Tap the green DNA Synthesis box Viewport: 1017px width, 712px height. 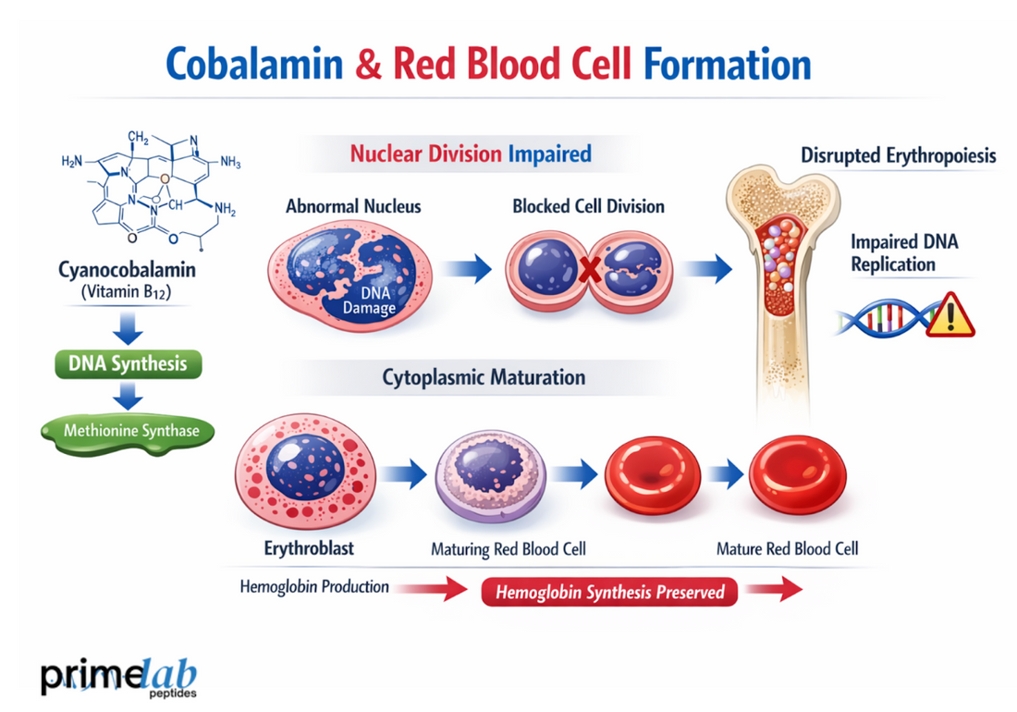[x=128, y=362]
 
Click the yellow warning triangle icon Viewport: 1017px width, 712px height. [x=950, y=314]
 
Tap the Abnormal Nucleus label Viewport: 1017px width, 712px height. [x=353, y=205]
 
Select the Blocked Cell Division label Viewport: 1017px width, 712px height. [x=588, y=205]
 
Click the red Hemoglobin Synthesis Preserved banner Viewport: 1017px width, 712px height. [x=609, y=592]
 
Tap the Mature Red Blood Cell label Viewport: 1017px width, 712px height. [x=787, y=548]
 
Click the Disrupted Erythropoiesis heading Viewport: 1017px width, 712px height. [x=898, y=155]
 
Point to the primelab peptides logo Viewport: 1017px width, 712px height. [x=118, y=675]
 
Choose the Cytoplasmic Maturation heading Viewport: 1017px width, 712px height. [x=483, y=377]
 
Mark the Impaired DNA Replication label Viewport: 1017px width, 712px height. [x=904, y=252]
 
